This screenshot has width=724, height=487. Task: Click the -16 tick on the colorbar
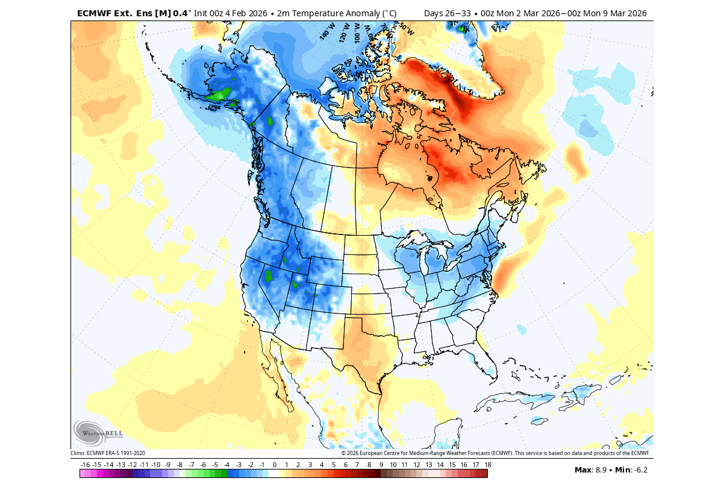85,465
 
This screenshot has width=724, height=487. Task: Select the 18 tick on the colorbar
487,465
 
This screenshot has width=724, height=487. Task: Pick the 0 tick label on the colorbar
275,465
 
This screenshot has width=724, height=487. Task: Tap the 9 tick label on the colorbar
381,465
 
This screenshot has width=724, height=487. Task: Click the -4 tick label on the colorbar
226,465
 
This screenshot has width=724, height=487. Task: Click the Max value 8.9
601,470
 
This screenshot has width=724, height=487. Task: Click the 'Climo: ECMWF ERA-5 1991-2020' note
108,453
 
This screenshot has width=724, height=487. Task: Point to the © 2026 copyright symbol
343,453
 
